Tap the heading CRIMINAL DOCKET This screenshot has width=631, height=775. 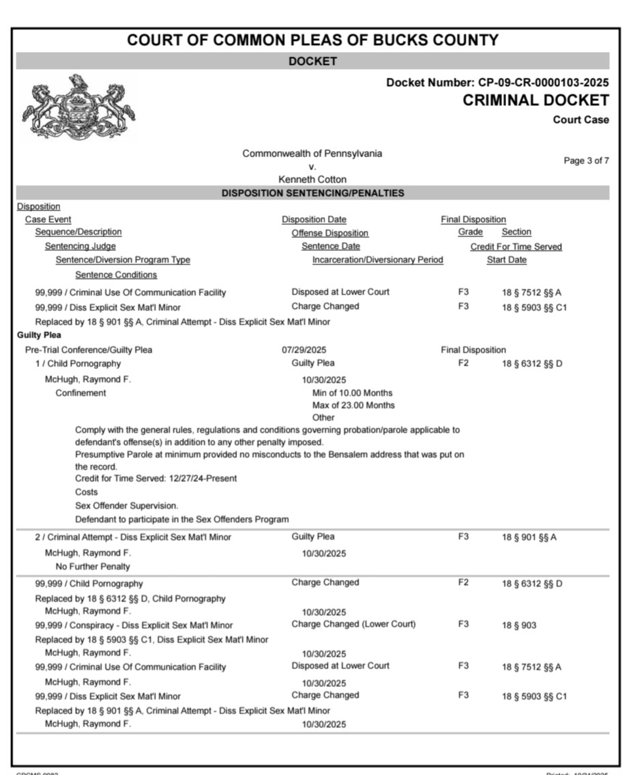[x=535, y=100]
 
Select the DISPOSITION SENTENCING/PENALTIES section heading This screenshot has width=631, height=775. [x=312, y=193]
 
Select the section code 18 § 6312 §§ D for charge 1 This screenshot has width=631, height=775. [x=531, y=363]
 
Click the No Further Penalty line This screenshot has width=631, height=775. [x=93, y=567]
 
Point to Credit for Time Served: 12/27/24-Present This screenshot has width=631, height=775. [x=156, y=479]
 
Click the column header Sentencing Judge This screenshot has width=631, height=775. [x=80, y=246]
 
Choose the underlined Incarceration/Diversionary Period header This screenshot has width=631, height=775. [x=377, y=259]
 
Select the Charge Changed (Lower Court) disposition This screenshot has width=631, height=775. [x=353, y=624]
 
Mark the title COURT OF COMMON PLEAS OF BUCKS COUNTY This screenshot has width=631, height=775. [x=312, y=40]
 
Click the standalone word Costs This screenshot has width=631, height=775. [x=86, y=492]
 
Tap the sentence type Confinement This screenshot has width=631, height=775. [x=80, y=393]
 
